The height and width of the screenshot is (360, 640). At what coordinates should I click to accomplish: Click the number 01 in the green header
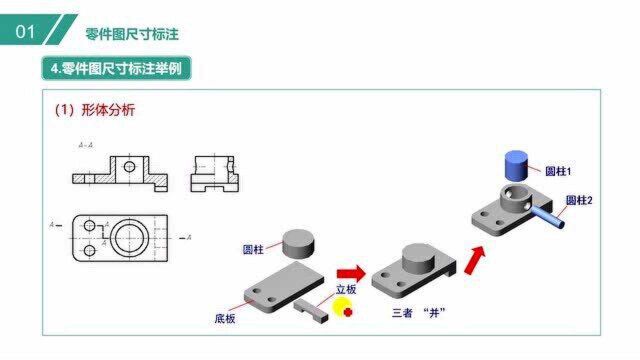tap(26, 32)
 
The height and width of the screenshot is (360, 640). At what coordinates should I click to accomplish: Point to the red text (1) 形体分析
tap(94, 110)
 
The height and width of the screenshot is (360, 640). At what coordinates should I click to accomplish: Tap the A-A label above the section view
tap(86, 145)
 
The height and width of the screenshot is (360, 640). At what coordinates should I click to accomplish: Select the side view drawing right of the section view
tap(213, 173)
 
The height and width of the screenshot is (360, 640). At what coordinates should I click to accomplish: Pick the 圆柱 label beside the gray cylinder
tap(254, 248)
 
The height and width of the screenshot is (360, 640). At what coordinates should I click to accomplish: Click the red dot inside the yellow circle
tap(348, 312)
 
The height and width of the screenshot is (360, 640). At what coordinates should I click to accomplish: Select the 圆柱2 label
tap(579, 200)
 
